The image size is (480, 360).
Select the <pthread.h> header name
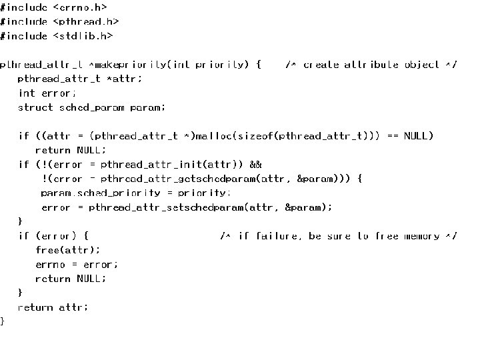click(86, 21)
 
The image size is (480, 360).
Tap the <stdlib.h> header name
click(83, 36)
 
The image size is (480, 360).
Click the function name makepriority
click(131, 65)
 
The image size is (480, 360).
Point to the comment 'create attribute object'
click(371, 65)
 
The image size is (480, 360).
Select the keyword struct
click(35, 107)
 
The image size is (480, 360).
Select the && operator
click(255, 164)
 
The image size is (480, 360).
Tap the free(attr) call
click(67, 250)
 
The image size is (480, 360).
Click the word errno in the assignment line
click(51, 265)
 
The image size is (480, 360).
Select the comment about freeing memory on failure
click(338, 236)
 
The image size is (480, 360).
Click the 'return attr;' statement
click(53, 307)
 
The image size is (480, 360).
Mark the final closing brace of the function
click(3, 321)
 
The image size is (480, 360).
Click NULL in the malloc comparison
click(418, 136)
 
